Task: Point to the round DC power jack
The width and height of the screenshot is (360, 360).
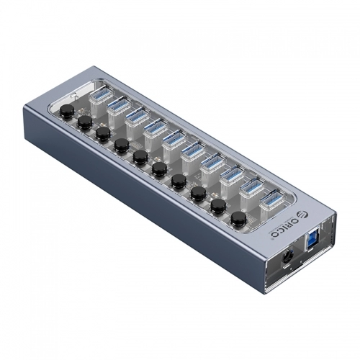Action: pos(287,257)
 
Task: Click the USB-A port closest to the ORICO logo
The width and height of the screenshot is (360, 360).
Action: pos(269,199)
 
